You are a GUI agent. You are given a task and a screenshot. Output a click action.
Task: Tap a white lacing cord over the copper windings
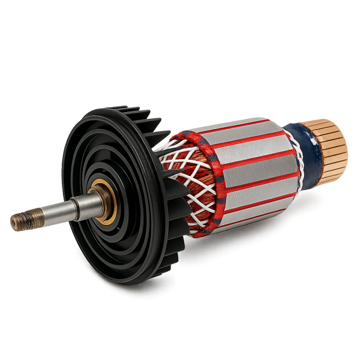point(184,162)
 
